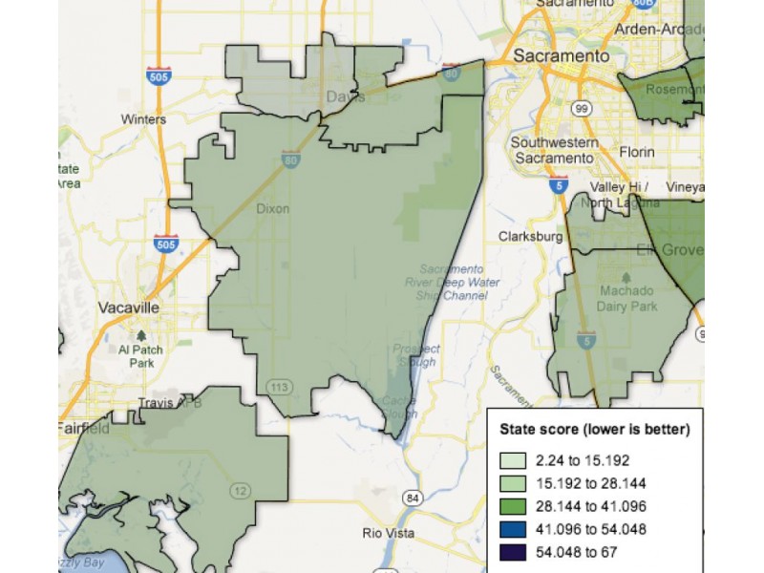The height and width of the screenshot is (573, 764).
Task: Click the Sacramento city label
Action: (561, 56)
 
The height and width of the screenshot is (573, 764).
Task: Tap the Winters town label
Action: (143, 119)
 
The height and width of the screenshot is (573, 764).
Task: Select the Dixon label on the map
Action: (273, 208)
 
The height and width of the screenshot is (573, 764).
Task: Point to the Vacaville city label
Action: (128, 308)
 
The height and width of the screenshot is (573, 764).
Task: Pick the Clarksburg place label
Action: (530, 236)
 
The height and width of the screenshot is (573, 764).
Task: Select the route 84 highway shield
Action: (412, 498)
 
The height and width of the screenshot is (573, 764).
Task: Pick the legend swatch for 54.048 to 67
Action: (513, 551)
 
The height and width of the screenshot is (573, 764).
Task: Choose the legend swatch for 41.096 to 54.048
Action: (513, 528)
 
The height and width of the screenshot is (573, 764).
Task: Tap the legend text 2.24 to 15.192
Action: (582, 460)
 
